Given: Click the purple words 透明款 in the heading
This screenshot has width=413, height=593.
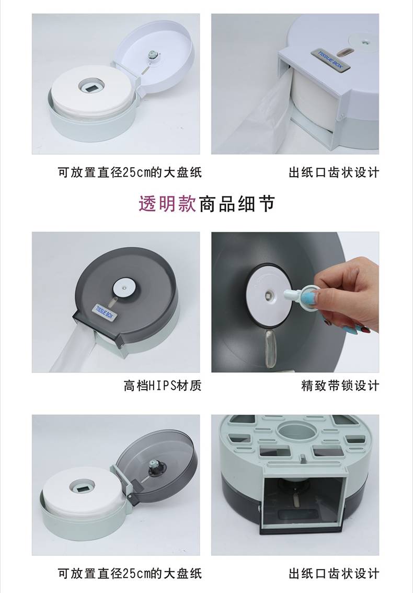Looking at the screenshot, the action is point(167,204).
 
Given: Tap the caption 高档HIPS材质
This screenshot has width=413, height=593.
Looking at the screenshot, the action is point(163,386).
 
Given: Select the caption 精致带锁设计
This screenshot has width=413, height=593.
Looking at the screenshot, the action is point(340,386).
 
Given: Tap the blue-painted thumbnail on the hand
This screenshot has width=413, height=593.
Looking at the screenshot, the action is point(309,298).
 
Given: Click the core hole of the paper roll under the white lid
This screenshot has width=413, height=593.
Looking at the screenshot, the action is point(91,86).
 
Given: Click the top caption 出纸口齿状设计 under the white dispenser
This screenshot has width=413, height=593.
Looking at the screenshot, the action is point(334,172).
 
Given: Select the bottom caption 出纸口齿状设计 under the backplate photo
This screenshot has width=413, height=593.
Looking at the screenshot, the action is point(334,573).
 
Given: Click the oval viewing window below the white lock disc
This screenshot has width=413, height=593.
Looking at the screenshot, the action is point(270,348).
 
